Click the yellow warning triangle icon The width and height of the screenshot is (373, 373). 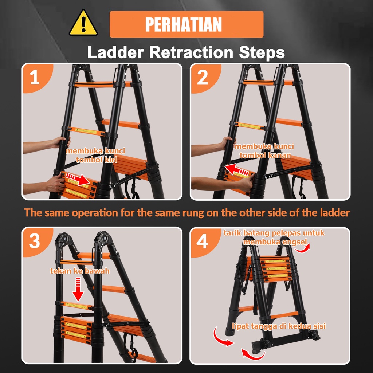(x=83, y=23)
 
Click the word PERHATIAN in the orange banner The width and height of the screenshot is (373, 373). (x=184, y=24)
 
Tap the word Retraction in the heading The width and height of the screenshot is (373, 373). (x=191, y=52)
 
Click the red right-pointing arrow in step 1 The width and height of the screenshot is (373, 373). (x=77, y=179)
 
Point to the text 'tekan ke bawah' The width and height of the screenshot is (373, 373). (x=80, y=271)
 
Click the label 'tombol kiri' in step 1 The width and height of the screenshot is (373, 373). (x=96, y=160)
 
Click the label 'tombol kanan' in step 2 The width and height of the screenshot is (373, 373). (x=265, y=155)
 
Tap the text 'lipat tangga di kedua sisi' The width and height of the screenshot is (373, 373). (x=279, y=326)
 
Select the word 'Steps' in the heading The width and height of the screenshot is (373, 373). (x=262, y=53)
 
